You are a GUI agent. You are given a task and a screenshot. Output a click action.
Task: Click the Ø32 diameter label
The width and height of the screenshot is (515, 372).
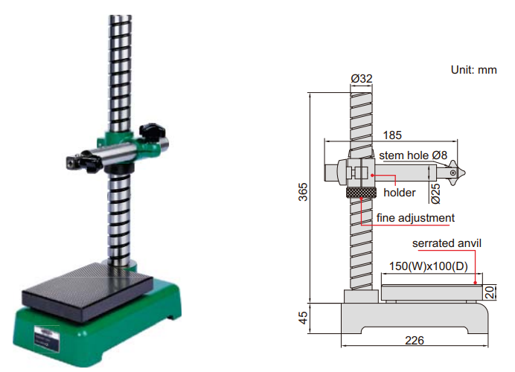361,78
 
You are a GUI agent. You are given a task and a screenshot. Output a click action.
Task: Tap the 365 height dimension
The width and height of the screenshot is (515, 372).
303,192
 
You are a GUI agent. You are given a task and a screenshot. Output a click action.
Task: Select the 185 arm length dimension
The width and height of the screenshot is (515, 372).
392,135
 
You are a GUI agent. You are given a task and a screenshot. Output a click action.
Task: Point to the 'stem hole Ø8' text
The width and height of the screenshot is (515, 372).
413,155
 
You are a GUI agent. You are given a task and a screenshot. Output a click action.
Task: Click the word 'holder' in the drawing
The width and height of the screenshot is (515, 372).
400,193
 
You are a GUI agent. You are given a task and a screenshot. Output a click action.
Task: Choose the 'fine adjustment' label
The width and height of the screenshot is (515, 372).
415,218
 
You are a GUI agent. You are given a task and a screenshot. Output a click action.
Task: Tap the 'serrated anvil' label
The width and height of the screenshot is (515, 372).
447,243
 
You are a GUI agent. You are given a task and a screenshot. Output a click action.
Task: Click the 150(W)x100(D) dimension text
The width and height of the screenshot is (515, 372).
428,266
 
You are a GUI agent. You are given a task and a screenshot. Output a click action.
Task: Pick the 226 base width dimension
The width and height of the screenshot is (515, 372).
415,341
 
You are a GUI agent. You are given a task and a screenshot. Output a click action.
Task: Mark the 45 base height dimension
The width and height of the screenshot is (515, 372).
303,318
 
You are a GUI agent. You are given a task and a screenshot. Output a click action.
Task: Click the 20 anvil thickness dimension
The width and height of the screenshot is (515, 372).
490,292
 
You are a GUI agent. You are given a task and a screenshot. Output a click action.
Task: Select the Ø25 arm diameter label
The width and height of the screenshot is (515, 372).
435,194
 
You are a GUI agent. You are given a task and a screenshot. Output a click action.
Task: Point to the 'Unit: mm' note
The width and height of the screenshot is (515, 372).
473,70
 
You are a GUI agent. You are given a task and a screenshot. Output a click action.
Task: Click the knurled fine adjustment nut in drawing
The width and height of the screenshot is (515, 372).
360,193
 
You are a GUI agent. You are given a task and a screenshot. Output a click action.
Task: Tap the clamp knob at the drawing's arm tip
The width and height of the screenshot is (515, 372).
455,173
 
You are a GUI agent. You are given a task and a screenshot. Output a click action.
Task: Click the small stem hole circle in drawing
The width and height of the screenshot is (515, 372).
453,173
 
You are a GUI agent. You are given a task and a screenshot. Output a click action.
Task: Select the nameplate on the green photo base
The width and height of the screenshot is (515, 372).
47,339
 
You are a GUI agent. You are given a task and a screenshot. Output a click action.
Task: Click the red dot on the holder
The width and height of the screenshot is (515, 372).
372,176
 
